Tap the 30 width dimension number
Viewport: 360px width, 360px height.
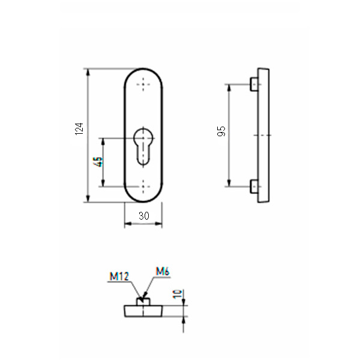click(x=143, y=216)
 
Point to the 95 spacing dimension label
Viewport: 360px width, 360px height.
click(x=220, y=132)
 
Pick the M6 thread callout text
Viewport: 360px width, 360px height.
click(x=163, y=272)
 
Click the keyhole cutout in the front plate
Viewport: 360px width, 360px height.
click(x=143, y=144)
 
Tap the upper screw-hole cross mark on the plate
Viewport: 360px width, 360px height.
click(x=143, y=85)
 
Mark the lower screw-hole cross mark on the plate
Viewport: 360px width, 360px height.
click(x=143, y=186)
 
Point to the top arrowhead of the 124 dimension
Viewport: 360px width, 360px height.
click(x=88, y=72)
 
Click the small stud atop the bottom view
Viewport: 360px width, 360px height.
click(x=143, y=301)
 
